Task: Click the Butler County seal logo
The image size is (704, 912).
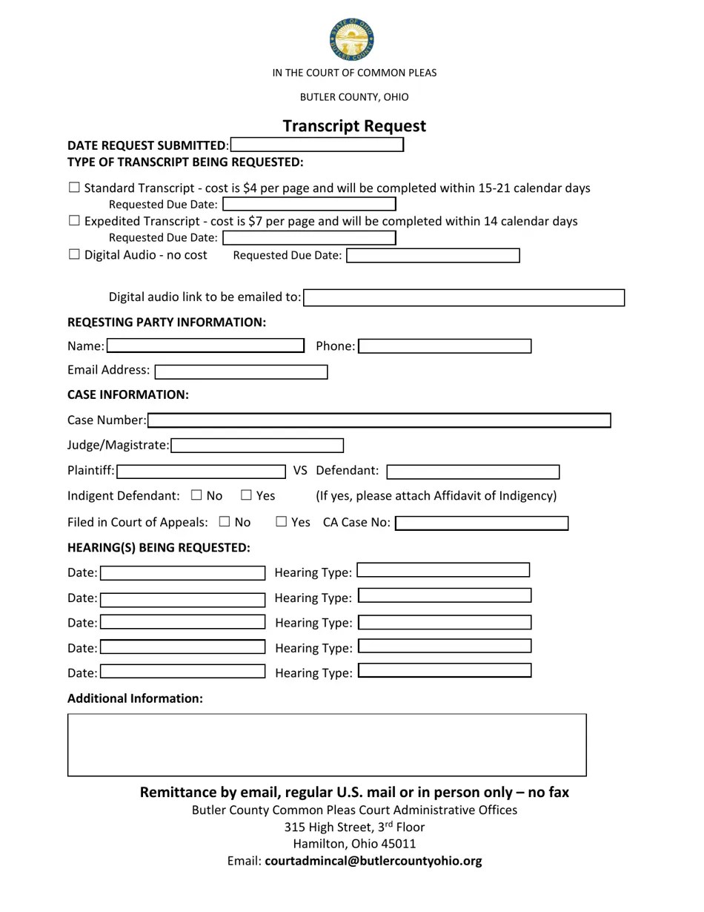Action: [x=352, y=40]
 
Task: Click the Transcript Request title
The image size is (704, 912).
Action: [x=354, y=126]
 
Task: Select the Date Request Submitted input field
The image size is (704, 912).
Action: [x=317, y=145]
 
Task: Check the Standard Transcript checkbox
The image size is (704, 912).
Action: [x=74, y=188]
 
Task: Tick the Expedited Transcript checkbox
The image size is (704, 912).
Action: [x=74, y=220]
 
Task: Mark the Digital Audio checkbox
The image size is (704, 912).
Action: [x=74, y=254]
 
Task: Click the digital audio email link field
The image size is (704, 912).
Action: [x=464, y=298]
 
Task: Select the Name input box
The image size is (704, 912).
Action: [x=206, y=346]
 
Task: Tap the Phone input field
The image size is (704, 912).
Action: [x=445, y=346]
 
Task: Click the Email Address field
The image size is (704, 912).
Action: [x=241, y=371]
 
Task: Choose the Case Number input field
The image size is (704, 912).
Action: [x=379, y=420]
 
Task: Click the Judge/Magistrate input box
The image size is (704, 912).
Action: [x=257, y=446]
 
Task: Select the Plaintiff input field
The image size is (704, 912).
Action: [x=202, y=472]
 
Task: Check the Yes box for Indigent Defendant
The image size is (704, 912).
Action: [x=247, y=495]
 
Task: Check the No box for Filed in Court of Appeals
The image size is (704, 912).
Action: [x=225, y=521]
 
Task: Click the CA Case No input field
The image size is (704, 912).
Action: [x=482, y=523]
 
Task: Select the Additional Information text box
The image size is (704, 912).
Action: [x=327, y=744]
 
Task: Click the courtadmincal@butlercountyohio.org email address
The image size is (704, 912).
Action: [x=373, y=861]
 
